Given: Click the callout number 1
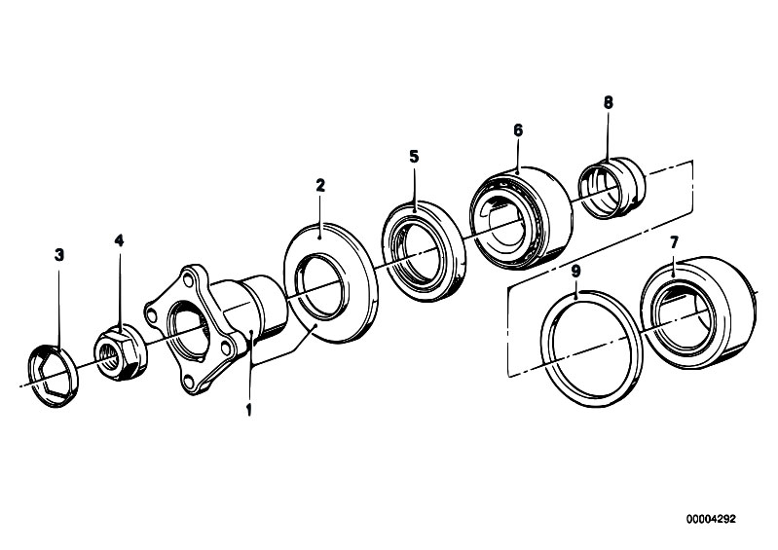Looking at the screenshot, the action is click(x=248, y=410).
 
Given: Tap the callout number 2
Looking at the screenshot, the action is click(x=320, y=186).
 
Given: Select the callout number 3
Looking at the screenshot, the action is click(x=59, y=255).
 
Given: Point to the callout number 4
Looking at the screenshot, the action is click(x=119, y=240).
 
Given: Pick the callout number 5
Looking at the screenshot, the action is click(x=414, y=157).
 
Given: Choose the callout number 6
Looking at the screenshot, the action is click(x=518, y=130).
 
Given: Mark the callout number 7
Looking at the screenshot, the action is click(x=674, y=242).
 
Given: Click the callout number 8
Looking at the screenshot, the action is click(x=609, y=102).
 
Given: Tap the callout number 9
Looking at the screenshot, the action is click(x=575, y=272).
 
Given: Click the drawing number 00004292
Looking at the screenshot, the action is click(x=711, y=519).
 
